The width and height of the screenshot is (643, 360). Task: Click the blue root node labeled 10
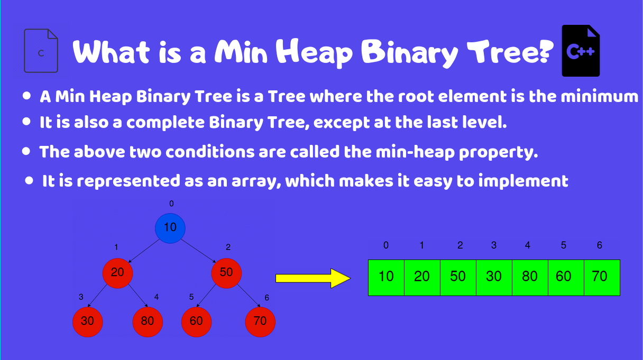point(170,228)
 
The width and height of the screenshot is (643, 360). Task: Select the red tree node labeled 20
point(117,273)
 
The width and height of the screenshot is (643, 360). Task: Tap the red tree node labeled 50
point(226,273)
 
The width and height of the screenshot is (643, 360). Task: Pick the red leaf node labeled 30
point(88,321)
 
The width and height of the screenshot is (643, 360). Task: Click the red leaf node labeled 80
point(148,321)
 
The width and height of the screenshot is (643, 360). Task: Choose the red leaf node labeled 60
point(196,321)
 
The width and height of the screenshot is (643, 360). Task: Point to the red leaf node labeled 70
point(260,321)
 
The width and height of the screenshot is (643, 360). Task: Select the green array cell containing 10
point(386,277)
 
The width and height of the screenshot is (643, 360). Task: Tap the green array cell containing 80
point(530,277)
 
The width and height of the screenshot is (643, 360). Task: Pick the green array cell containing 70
point(602,277)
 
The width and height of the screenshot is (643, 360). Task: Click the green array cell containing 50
point(458,277)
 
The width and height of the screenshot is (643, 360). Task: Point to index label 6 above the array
point(599,245)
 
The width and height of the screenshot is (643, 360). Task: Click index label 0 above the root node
point(171,204)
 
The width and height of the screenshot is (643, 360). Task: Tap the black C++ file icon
point(581,51)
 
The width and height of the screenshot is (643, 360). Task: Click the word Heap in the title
point(314,52)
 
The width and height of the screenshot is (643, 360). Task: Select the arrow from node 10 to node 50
point(199,251)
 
